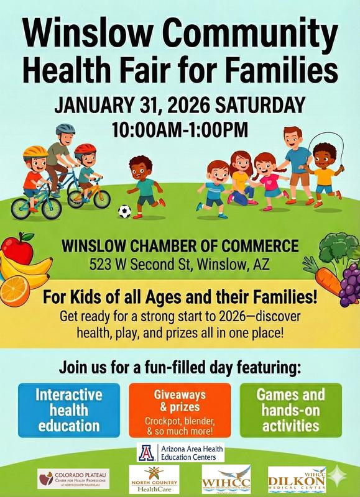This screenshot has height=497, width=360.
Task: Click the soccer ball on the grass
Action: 125,211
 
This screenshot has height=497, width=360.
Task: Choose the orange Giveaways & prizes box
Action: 180,409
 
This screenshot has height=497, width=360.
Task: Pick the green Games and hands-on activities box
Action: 290,409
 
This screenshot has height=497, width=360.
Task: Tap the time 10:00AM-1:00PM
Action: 180,130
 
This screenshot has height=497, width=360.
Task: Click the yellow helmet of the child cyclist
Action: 34,151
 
